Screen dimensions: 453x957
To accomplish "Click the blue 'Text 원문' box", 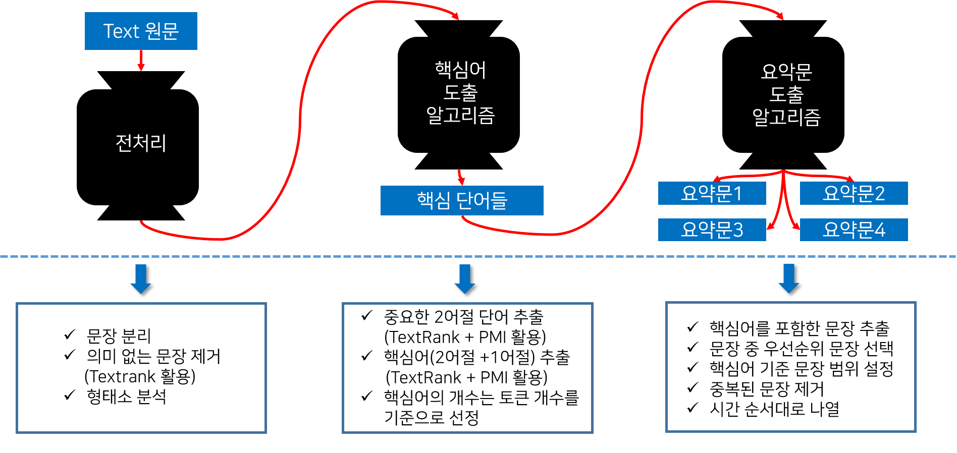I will pyautogui.click(x=141, y=31).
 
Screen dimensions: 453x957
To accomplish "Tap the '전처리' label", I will pyautogui.click(x=141, y=143).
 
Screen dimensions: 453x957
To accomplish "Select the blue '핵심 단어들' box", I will pyautogui.click(x=462, y=200).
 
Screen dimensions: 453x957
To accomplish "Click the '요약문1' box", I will pyautogui.click(x=712, y=193).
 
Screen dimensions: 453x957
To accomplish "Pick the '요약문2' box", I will pyautogui.click(x=854, y=193).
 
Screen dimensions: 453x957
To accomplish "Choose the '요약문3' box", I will pyautogui.click(x=712, y=230).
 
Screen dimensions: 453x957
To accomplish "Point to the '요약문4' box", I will pyautogui.click(x=854, y=230).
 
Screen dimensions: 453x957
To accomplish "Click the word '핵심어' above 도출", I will pyautogui.click(x=460, y=70).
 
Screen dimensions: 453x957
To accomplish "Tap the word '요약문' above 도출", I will pyautogui.click(x=786, y=72).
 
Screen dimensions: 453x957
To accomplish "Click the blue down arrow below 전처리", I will pyautogui.click(x=141, y=278).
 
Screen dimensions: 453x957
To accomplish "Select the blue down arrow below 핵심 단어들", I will pyautogui.click(x=465, y=278).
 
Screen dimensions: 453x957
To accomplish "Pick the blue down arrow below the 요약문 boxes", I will pyautogui.click(x=789, y=278).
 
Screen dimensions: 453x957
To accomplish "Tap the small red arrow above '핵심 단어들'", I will pyautogui.click(x=461, y=178).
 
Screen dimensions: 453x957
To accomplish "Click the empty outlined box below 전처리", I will pyautogui.click(x=141, y=368).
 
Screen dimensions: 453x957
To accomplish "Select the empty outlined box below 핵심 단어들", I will pyautogui.click(x=467, y=368).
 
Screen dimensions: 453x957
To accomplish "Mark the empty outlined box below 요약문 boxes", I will pyautogui.click(x=791, y=367).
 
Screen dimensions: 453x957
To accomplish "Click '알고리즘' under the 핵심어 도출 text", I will pyautogui.click(x=460, y=115).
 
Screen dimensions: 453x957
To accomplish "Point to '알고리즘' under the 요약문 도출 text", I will pyautogui.click(x=786, y=117).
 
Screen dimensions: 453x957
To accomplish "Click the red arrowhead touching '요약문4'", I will pyautogui.click(x=796, y=227).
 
